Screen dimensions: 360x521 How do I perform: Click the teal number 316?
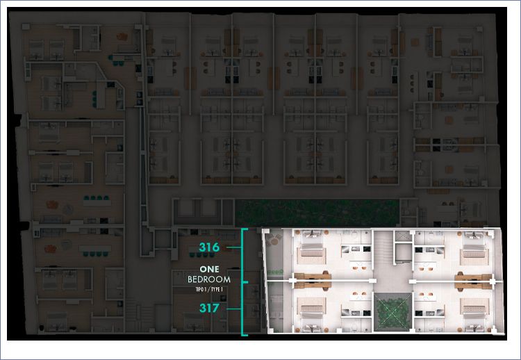[209, 247]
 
